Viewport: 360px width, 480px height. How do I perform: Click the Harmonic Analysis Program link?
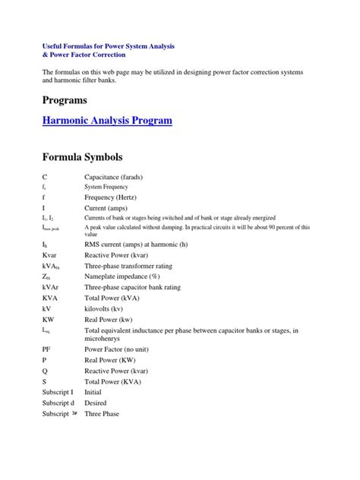coord(107,120)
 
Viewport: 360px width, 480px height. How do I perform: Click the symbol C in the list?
coord(46,176)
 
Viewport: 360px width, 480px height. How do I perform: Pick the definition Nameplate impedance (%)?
coord(128,277)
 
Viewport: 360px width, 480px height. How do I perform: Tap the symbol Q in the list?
coord(46,371)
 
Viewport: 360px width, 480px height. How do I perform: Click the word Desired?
coord(96,403)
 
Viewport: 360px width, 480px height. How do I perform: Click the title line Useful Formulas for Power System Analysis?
coord(109,46)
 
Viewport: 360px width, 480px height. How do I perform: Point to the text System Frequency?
coord(106,186)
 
